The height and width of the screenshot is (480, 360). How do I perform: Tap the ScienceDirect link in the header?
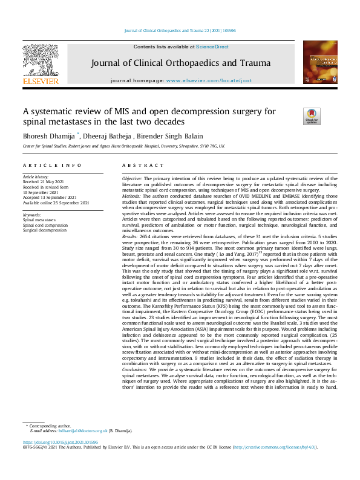pyautogui.click(x=212, y=47)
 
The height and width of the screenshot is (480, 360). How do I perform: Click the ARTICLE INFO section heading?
pyautogui.click(x=44, y=166)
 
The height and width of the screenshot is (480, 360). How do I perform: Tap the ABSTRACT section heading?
pyautogui.click(x=138, y=166)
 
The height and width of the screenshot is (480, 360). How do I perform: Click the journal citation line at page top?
pyautogui.click(x=180, y=30)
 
